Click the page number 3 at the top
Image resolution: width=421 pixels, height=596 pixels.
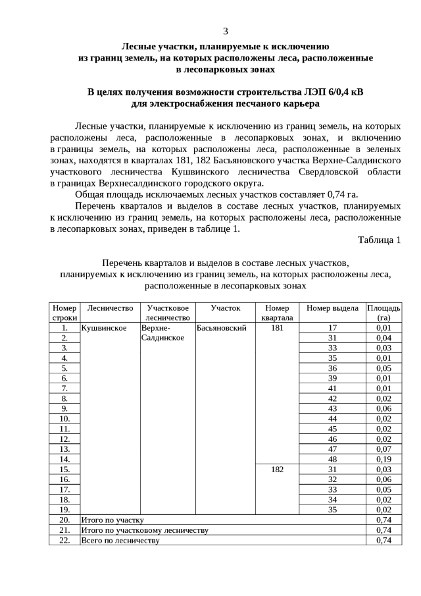[x=226, y=31]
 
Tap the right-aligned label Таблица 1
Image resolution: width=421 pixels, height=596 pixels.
[x=379, y=240]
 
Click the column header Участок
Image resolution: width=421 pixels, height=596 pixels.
[x=226, y=308]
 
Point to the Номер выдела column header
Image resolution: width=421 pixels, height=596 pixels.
[x=332, y=308]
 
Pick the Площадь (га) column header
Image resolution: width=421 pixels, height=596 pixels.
[x=384, y=312]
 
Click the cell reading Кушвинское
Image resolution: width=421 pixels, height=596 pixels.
[x=103, y=327]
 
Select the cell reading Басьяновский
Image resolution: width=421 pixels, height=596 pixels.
[x=221, y=327]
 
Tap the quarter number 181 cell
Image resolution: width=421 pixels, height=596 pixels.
[x=277, y=327]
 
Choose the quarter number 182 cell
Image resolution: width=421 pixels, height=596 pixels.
[x=277, y=469]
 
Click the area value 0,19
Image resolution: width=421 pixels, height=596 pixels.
[x=384, y=459]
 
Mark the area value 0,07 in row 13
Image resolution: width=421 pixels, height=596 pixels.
[x=384, y=448]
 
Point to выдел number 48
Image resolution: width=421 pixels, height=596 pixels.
[x=332, y=459]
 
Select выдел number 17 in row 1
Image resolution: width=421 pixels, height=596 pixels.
[x=332, y=327]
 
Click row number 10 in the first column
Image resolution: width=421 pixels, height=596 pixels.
[x=64, y=418]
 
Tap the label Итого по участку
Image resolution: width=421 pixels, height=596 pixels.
[x=112, y=520]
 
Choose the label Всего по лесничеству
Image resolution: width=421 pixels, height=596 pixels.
[x=120, y=540]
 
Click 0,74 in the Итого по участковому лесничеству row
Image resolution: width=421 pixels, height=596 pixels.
[x=384, y=530]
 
